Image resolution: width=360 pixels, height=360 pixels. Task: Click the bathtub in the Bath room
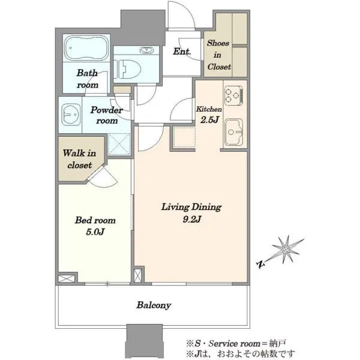click(x=86, y=48)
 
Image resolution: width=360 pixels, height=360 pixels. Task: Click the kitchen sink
click(x=234, y=132)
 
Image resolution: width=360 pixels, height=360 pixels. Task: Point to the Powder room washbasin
click(x=71, y=115)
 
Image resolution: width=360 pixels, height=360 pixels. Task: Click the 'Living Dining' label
click(x=191, y=207)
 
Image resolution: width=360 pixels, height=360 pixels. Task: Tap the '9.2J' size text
click(x=192, y=220)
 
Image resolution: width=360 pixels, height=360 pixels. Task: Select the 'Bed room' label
click(x=95, y=220)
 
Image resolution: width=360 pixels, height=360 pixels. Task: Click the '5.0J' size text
click(x=95, y=232)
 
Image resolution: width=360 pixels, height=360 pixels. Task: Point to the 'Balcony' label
click(x=154, y=305)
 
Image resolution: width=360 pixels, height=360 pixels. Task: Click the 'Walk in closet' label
click(x=79, y=159)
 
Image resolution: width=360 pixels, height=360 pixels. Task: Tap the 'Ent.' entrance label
click(x=182, y=52)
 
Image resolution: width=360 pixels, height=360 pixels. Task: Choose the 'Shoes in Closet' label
click(x=218, y=55)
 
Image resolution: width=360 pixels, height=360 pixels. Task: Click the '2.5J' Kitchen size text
click(x=209, y=120)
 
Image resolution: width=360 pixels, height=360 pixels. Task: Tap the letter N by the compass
click(x=260, y=265)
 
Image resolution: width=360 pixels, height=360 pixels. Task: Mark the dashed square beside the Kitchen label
click(x=184, y=137)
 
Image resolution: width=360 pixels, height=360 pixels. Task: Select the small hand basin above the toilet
click(x=145, y=50)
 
